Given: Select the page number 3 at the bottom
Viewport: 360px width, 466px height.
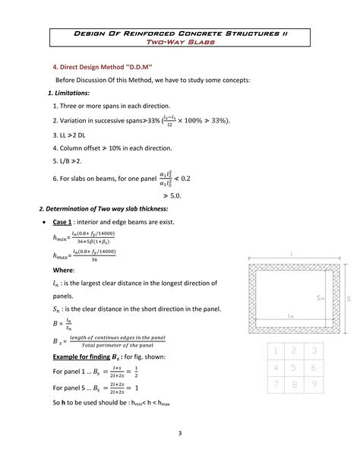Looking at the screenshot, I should click(x=180, y=434).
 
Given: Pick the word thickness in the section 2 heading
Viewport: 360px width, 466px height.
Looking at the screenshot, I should click(x=155, y=208).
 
